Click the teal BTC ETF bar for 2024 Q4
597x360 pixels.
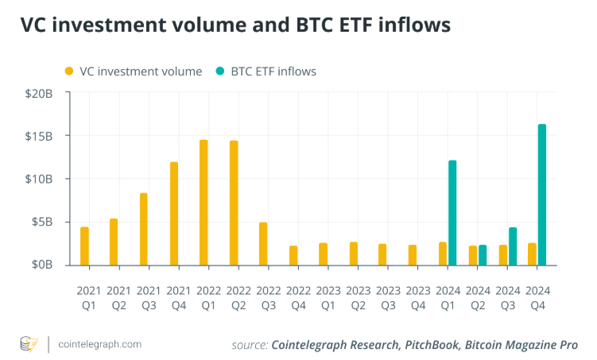pos(542,195)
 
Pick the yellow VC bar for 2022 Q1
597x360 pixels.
pos(204,203)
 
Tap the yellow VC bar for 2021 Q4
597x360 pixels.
pos(174,214)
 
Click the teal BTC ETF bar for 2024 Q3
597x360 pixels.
pos(513,246)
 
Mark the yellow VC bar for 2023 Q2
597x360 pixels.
pos(353,254)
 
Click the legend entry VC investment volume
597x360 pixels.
pos(134,72)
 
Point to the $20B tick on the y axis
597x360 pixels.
pos(38,93)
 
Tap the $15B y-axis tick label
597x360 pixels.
pos(38,136)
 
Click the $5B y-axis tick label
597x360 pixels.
pos(41,222)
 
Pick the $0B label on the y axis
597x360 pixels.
pos(41,265)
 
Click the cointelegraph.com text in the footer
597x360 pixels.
pos(100,344)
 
